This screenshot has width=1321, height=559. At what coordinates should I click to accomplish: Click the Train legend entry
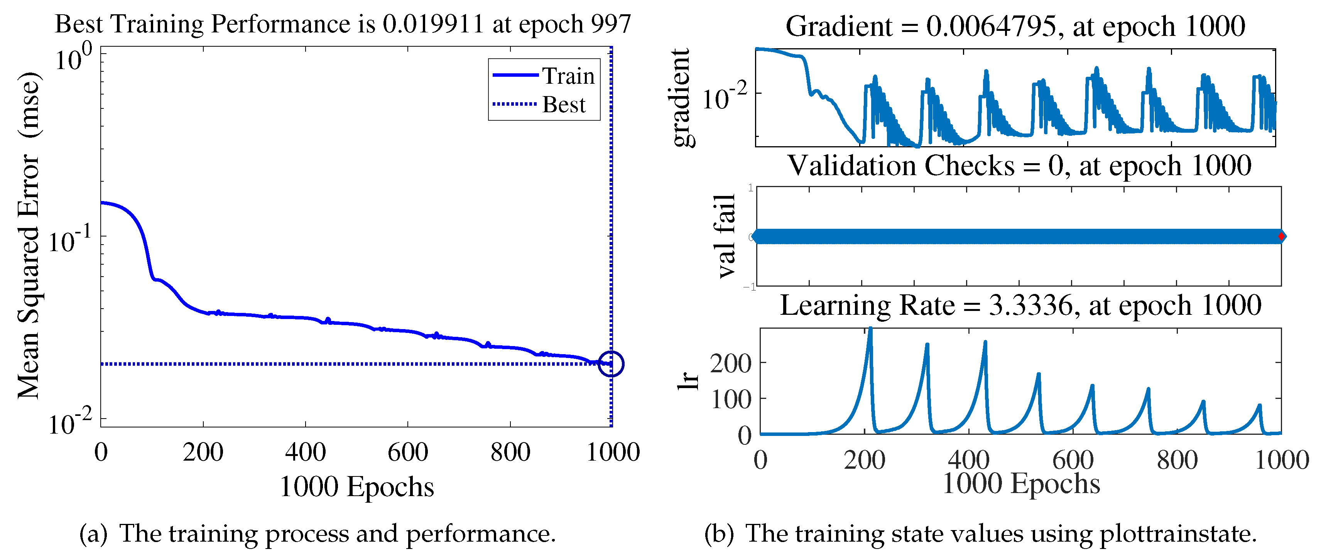544,76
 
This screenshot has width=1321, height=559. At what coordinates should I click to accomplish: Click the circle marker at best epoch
611,364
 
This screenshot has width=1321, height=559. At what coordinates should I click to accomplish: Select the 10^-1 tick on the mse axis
71,240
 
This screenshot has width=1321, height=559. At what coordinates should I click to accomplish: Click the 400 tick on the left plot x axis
305,452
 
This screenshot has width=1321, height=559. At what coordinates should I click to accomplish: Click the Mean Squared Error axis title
30,236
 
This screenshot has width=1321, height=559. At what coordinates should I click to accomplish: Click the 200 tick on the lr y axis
730,363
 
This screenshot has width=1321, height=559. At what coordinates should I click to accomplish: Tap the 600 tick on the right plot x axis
1073,460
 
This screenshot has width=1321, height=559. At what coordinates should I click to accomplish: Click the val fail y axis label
726,236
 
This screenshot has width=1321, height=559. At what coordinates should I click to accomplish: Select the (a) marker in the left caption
93,534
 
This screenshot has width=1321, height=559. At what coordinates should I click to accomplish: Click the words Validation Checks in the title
901,166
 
